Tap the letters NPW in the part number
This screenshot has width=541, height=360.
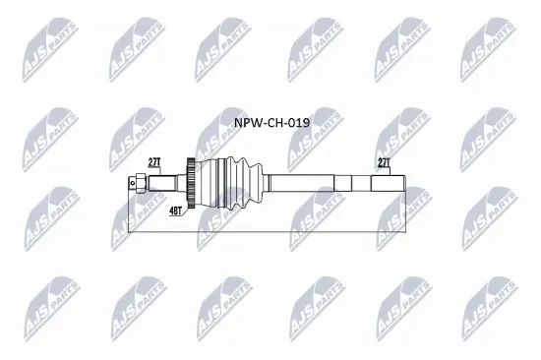(246, 126)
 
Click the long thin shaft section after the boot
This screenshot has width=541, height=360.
(305, 182)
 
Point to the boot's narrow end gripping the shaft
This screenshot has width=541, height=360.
(265, 182)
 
